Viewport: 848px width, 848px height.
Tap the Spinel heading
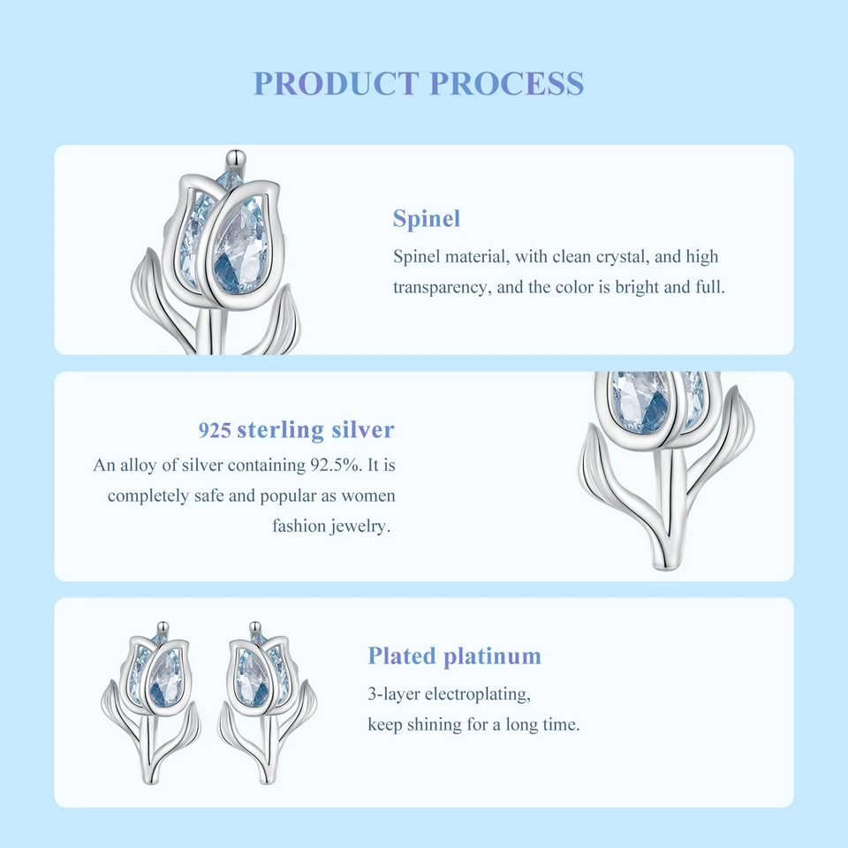427,219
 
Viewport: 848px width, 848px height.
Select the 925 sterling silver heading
296,430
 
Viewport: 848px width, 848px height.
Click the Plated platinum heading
454,656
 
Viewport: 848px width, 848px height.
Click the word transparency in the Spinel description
438,288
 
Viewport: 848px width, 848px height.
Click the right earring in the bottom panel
264,698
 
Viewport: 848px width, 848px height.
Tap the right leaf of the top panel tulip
283,322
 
